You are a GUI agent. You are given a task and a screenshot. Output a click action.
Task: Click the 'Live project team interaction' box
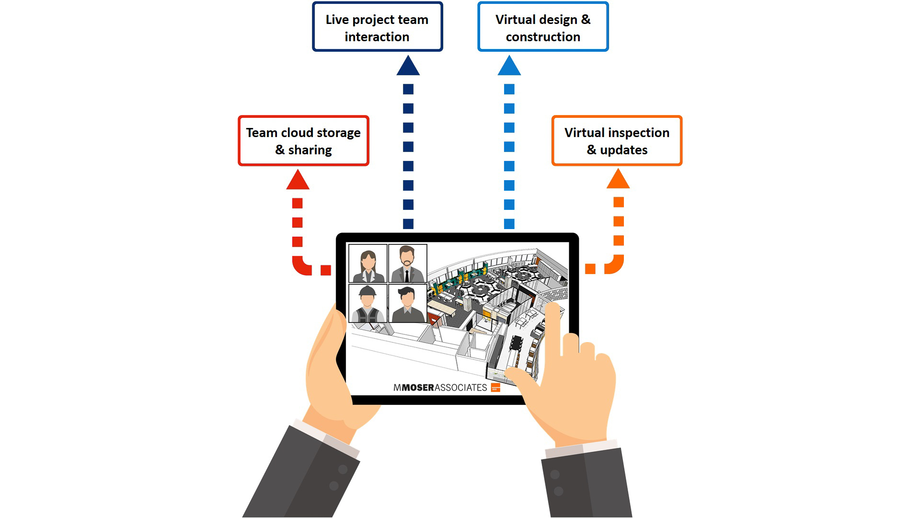click(377, 27)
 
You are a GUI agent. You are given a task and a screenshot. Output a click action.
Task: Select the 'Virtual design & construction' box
click(543, 27)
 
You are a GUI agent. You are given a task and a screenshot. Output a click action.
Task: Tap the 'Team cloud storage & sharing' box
click(303, 141)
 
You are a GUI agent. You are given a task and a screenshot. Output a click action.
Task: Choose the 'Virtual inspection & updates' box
click(617, 141)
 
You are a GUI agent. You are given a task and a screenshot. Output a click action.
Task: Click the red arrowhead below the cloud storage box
click(298, 181)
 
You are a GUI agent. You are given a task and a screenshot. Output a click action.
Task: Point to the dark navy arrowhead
click(408, 67)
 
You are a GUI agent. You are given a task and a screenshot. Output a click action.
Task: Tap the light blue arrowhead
click(509, 67)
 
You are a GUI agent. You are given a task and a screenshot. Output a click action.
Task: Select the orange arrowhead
click(618, 180)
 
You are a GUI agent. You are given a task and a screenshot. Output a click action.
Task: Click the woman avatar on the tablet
click(368, 264)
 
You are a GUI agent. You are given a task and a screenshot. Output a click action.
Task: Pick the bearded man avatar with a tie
click(407, 264)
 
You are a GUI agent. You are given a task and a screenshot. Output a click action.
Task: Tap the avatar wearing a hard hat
click(368, 304)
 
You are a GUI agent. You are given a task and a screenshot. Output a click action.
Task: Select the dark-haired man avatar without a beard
click(407, 304)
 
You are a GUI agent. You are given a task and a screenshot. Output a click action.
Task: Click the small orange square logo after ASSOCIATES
click(495, 387)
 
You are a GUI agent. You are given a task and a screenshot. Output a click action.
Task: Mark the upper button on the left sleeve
click(342, 469)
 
